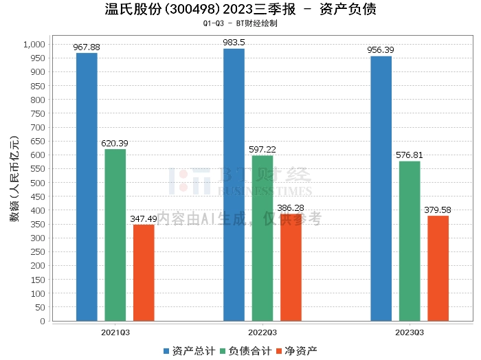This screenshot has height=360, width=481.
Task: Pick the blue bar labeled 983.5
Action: point(234,185)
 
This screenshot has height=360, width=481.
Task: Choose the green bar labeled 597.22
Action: point(262,238)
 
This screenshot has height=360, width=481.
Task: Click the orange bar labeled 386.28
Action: point(291,267)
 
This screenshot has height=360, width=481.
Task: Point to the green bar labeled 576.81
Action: point(410,241)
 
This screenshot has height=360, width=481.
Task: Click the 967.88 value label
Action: point(87,47)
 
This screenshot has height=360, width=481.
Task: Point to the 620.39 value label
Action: point(115,144)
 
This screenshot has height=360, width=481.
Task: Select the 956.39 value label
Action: point(381,51)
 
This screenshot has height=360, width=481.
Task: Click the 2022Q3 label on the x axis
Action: point(262,332)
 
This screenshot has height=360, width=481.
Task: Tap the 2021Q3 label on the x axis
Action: point(115,332)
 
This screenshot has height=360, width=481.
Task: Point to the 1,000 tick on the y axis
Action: point(34,45)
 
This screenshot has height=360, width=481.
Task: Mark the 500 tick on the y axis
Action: point(38,183)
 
